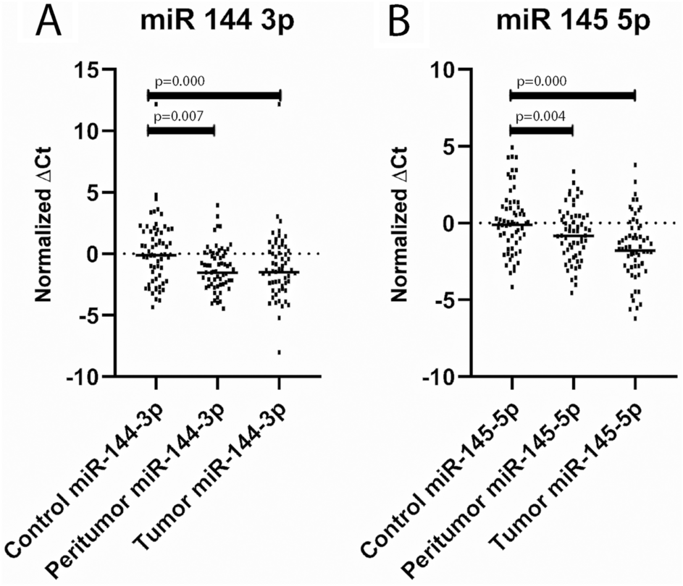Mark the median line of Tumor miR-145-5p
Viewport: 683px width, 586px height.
click(x=634, y=250)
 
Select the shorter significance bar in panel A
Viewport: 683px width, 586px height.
click(x=181, y=130)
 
